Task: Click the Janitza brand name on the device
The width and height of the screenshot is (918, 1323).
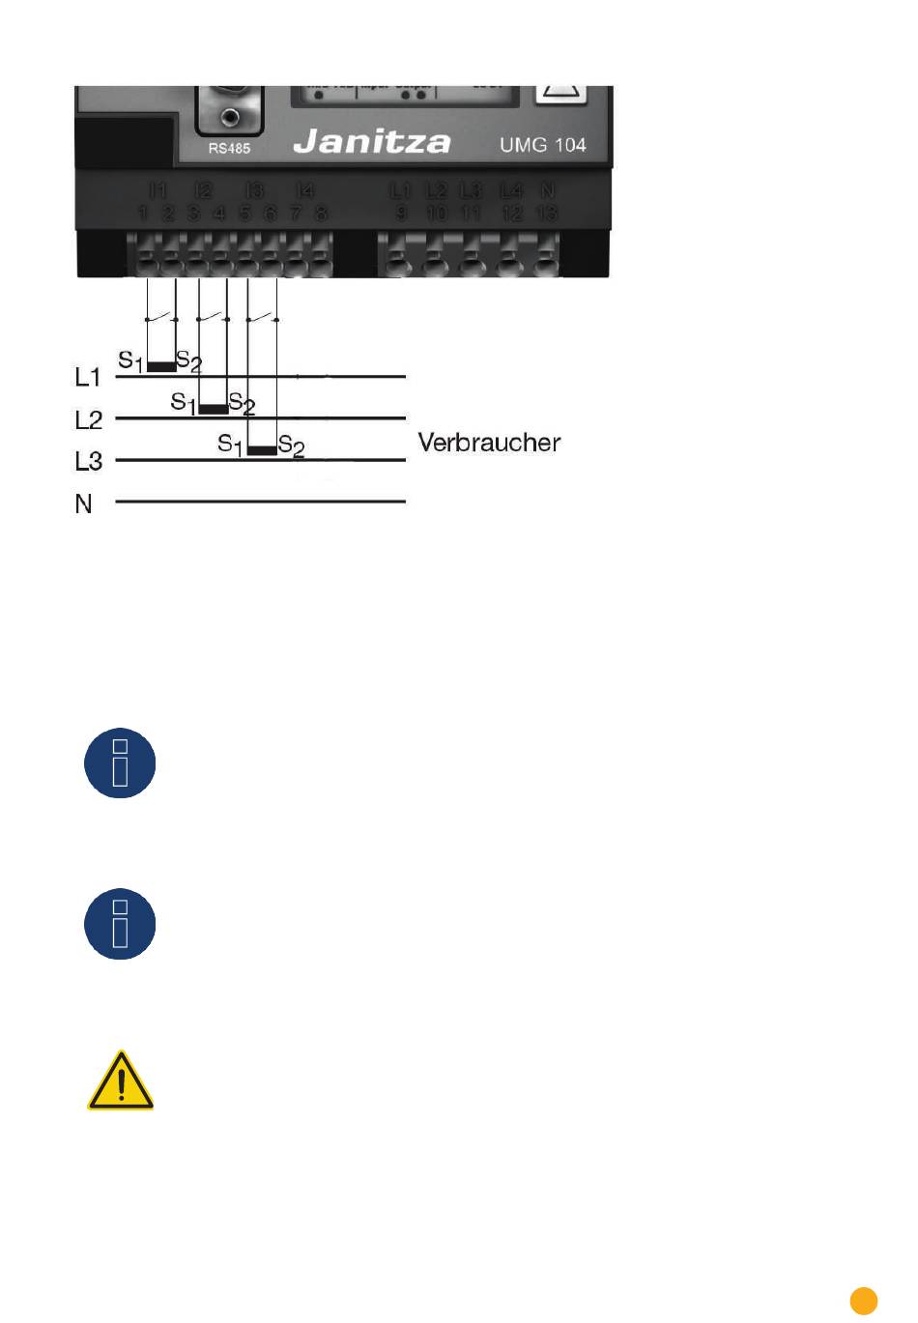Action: point(371,142)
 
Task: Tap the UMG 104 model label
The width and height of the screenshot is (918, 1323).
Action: point(542,145)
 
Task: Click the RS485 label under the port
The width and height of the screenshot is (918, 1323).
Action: point(229,149)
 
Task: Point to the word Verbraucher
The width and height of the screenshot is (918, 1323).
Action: point(489,443)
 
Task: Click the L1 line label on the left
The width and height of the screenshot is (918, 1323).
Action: point(88,377)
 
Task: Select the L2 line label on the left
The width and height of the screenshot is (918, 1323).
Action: point(88,419)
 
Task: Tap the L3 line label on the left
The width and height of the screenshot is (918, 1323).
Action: point(88,461)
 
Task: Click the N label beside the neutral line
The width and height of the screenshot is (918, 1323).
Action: point(84,503)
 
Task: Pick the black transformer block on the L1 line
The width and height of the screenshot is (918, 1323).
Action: point(161,367)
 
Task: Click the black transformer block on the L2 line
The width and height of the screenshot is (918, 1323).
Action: point(213,409)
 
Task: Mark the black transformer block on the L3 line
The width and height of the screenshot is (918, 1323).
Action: point(262,450)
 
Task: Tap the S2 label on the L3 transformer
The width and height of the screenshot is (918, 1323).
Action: point(292,446)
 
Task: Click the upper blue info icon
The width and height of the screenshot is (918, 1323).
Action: point(121,763)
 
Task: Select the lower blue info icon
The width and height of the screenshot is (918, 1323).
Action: point(121,925)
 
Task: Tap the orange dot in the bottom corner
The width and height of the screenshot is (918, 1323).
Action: point(864,1300)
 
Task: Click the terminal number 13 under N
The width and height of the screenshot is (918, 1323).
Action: point(547,214)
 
